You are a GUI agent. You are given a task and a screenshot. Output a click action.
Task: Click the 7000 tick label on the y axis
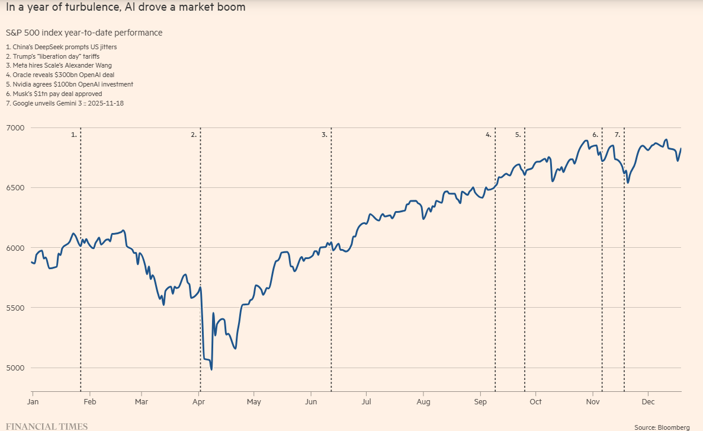click(14, 128)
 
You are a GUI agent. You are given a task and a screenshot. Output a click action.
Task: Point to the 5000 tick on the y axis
click(14, 368)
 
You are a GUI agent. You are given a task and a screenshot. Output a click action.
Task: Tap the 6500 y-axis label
click(14, 188)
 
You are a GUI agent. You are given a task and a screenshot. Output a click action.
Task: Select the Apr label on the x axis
click(198, 402)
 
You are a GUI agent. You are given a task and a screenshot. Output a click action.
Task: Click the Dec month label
click(647, 402)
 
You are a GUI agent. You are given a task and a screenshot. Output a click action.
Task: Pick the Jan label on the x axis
click(33, 402)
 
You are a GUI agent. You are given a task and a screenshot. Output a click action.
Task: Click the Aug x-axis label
click(423, 402)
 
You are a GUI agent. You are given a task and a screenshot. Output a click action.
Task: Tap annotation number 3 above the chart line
click(325, 135)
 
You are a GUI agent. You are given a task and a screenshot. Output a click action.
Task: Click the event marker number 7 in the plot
click(617, 135)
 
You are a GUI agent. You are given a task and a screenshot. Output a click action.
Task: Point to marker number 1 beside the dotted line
click(74, 135)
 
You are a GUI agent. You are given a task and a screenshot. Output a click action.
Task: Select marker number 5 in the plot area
click(518, 135)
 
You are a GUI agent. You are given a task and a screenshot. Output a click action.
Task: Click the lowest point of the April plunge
click(211, 370)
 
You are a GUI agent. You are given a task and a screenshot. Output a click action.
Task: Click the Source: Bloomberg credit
click(662, 427)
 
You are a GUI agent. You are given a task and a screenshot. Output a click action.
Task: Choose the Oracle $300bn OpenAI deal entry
click(60, 75)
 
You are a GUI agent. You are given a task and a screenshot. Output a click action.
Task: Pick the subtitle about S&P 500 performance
click(84, 33)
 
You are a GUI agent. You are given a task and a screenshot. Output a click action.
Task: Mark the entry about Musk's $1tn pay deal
click(54, 94)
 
